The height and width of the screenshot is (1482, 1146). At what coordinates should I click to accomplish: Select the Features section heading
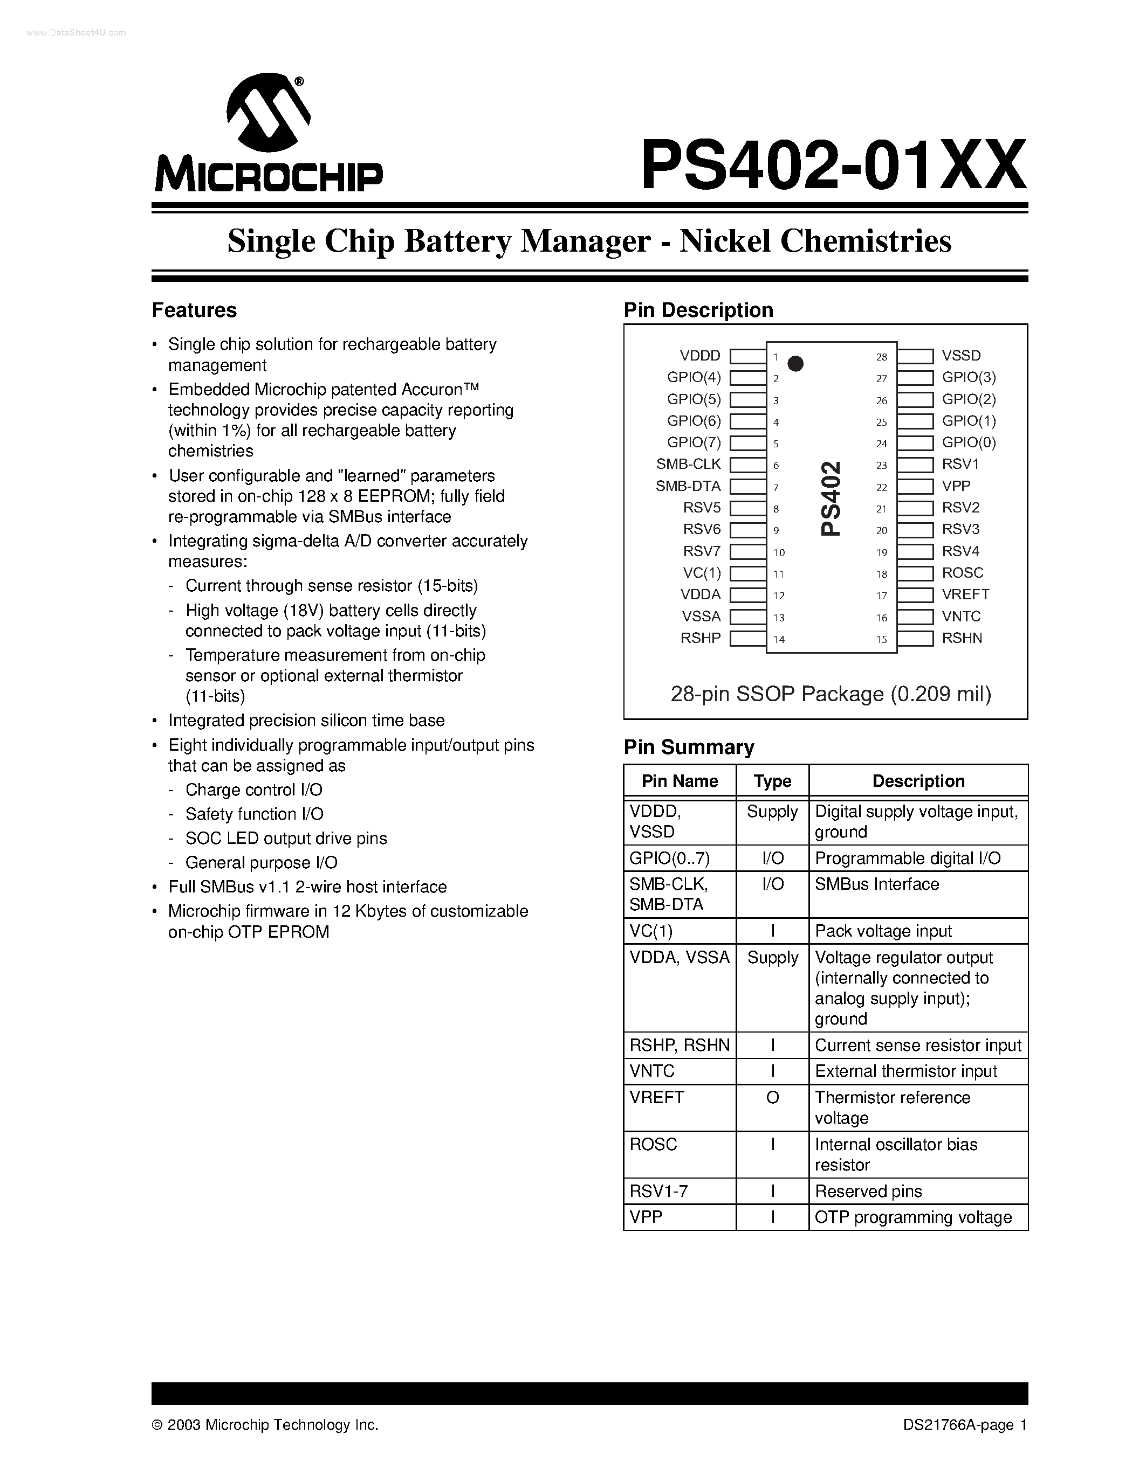194,310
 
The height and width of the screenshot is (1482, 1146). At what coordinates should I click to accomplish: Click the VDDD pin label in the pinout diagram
700,356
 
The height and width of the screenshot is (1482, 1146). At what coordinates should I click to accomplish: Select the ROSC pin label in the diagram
962,573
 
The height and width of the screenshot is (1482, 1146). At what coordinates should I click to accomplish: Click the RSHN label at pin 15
962,638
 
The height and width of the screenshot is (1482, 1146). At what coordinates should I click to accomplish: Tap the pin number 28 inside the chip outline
881,357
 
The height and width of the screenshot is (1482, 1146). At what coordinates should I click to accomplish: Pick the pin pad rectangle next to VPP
915,487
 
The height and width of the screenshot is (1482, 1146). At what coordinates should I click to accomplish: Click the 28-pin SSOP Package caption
831,694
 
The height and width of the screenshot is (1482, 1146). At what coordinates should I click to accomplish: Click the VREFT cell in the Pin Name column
656,1097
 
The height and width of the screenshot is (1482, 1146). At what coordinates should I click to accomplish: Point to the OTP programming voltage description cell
912,1217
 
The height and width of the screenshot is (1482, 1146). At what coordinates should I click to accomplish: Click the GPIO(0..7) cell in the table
669,858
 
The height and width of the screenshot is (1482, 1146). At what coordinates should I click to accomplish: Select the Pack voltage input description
883,931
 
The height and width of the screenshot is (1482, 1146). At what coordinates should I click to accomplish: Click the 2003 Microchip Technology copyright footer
265,1425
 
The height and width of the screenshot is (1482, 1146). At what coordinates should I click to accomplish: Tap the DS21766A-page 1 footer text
965,1425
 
